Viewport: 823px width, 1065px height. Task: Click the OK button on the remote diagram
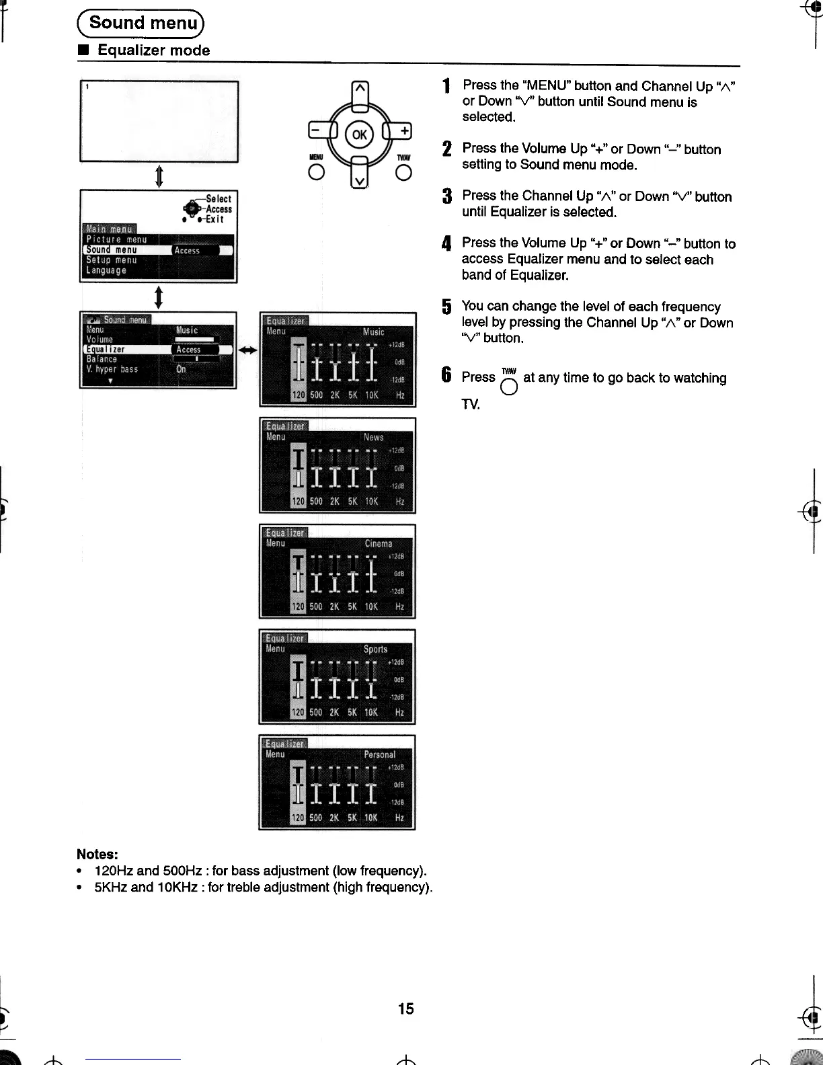pyautogui.click(x=360, y=134)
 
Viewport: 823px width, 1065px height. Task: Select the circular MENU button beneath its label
pyautogui.click(x=316, y=173)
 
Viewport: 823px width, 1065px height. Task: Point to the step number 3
pyautogui.click(x=446, y=197)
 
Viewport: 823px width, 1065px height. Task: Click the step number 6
pyautogui.click(x=446, y=375)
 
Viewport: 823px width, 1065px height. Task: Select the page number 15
pyautogui.click(x=406, y=1009)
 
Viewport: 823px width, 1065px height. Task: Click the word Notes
pyautogui.click(x=97, y=855)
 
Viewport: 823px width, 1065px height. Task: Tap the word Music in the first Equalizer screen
pyautogui.click(x=374, y=331)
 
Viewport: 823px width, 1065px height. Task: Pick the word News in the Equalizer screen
pyautogui.click(x=373, y=437)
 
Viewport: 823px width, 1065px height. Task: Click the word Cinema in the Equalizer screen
pyautogui.click(x=378, y=543)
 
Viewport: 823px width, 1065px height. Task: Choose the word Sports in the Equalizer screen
pyautogui.click(x=375, y=649)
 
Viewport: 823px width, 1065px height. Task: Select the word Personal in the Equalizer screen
pyautogui.click(x=379, y=754)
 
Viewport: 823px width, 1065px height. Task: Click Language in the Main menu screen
pyautogui.click(x=106, y=270)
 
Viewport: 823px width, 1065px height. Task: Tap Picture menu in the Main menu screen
pyautogui.click(x=116, y=239)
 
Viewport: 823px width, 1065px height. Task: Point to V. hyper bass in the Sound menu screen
pyautogui.click(x=112, y=369)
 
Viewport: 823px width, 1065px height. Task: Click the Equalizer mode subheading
pyautogui.click(x=153, y=50)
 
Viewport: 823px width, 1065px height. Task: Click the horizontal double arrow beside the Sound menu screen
pyautogui.click(x=248, y=350)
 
